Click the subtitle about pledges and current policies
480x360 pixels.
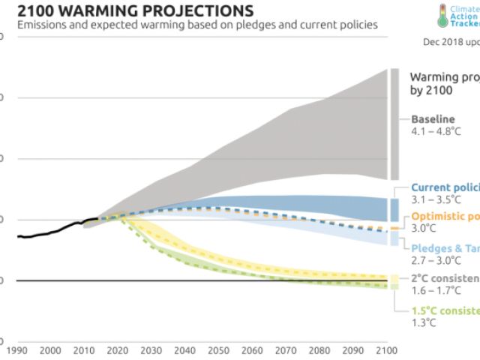[197, 25]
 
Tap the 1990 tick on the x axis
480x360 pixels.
[16, 350]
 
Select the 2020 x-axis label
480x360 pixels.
[117, 350]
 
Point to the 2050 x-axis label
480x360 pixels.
[217, 350]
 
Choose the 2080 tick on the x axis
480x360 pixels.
[319, 350]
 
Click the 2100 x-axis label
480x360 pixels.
[386, 350]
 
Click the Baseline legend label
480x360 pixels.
[433, 119]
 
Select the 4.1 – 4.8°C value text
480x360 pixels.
[437, 132]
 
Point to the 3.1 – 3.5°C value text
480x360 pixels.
[436, 201]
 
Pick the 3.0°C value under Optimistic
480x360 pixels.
[423, 229]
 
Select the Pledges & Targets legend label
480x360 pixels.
[445, 247]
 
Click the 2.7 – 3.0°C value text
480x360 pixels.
[436, 259]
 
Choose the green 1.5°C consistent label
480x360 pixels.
[445, 310]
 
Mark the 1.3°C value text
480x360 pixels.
[423, 323]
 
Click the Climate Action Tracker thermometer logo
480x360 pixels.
[444, 15]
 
